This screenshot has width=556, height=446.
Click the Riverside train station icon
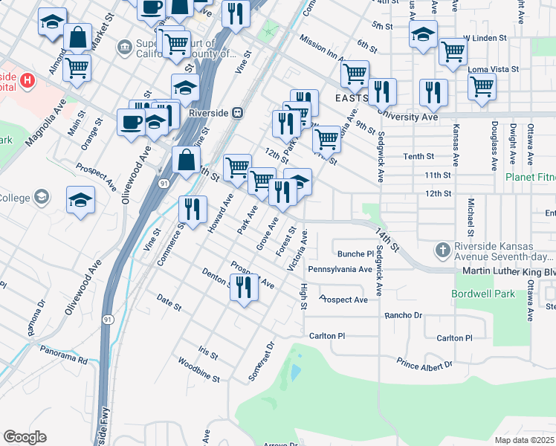[x=238, y=113]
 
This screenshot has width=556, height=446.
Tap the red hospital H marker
[x=28, y=80]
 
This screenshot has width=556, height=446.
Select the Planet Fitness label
[x=530, y=178]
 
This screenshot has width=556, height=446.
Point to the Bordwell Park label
[x=483, y=294]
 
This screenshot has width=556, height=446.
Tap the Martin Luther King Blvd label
[x=508, y=273]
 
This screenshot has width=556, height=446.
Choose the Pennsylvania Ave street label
[x=340, y=269]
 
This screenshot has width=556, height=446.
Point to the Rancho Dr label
[x=403, y=316]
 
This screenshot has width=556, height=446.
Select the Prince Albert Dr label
[x=424, y=364]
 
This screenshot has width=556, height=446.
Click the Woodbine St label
[x=199, y=369]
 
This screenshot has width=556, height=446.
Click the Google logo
[x=25, y=437]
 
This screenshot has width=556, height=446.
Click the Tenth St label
[x=418, y=156]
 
